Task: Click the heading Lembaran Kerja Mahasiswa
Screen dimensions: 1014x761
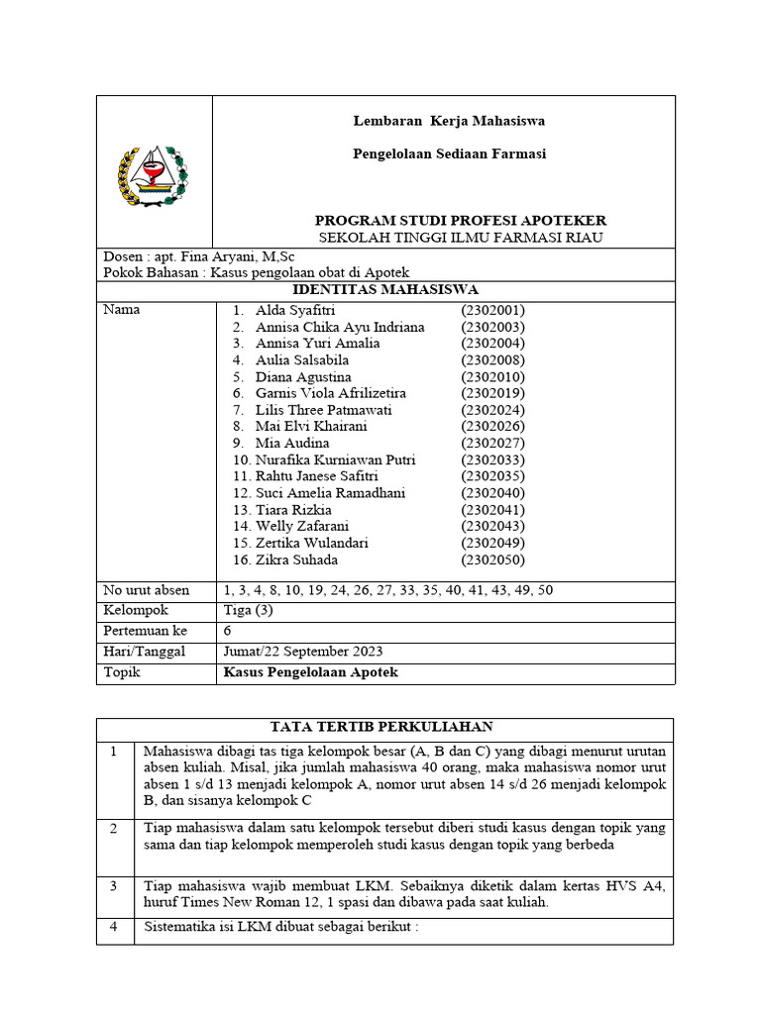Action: [450, 121]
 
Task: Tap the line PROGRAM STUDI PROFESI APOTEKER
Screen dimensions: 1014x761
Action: [460, 220]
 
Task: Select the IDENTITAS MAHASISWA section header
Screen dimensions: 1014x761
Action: [385, 289]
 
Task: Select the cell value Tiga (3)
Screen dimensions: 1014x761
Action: [248, 611]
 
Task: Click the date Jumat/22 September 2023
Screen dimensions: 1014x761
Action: [303, 652]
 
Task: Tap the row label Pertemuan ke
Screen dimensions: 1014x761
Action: [145, 631]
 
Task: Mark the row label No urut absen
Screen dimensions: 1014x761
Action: [147, 590]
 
